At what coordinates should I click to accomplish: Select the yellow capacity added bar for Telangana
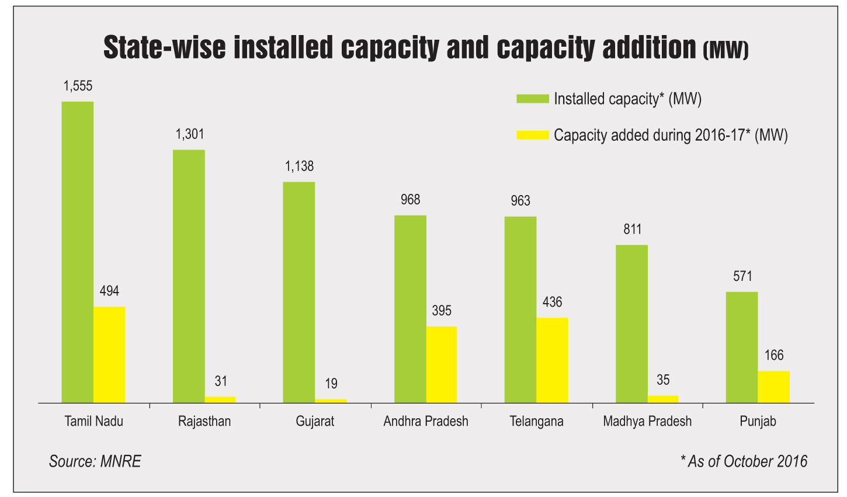552,360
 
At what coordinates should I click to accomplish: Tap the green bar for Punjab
741,347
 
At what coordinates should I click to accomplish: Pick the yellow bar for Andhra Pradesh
442,364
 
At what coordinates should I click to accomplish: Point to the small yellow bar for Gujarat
331,401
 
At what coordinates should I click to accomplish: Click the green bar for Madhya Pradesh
631,324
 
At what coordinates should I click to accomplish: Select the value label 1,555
78,86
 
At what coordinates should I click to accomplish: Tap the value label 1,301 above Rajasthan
190,134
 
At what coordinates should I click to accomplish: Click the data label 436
552,302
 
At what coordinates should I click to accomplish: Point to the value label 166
773,355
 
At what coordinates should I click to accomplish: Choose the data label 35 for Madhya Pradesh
663,380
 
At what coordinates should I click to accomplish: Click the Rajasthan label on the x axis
204,421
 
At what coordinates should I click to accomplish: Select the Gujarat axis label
315,421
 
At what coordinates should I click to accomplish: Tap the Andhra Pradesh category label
426,421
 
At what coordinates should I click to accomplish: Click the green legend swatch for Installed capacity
532,99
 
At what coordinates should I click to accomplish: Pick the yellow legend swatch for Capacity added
532,135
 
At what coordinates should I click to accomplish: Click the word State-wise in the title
164,48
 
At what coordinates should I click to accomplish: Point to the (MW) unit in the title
725,51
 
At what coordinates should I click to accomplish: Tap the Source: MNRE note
95,461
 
